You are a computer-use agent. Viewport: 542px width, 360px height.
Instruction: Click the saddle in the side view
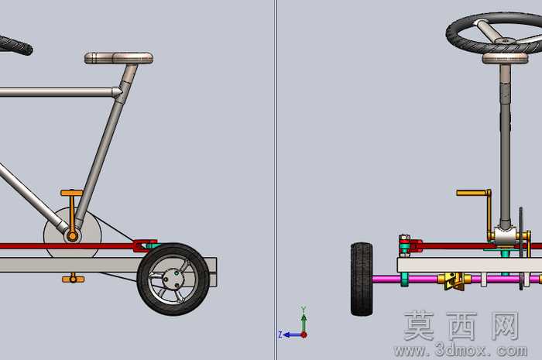pyautogui.click(x=119, y=58)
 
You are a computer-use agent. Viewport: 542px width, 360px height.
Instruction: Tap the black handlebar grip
pyautogui.click(x=15, y=45)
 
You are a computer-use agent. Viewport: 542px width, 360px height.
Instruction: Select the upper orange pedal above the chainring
pyautogui.click(x=72, y=193)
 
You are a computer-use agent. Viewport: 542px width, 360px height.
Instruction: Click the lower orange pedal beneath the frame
pyautogui.click(x=74, y=279)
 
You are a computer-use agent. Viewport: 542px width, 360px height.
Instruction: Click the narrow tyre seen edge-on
pyautogui.click(x=362, y=279)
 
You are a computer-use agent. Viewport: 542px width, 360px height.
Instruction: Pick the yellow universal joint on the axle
pyautogui.click(x=453, y=279)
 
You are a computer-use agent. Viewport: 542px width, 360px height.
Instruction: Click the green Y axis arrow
pyautogui.click(x=304, y=320)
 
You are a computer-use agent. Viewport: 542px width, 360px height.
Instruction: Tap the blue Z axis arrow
pyautogui.click(x=290, y=334)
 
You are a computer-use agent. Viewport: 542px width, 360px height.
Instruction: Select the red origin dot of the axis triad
pyautogui.click(x=304, y=334)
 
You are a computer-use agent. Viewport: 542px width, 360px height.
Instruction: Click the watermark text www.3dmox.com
pyautogui.click(x=461, y=351)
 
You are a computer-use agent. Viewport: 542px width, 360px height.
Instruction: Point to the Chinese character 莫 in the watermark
pyautogui.click(x=419, y=325)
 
